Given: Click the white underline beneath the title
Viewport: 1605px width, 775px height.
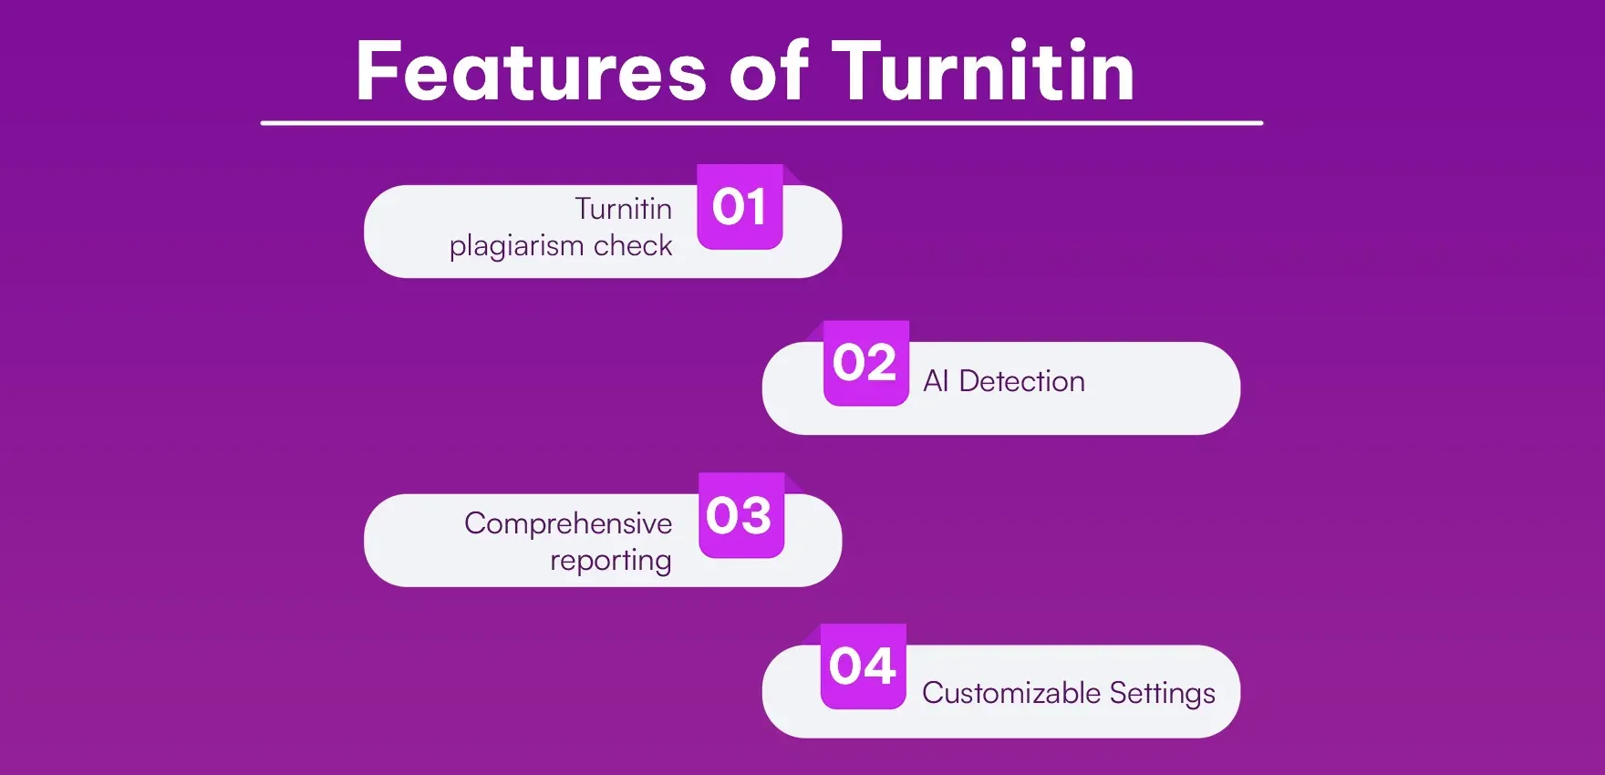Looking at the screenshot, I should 761,122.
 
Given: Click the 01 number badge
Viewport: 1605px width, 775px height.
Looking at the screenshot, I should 740,207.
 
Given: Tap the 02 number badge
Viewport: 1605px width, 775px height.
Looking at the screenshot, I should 865,363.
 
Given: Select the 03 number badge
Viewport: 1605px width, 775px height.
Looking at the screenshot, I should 740,515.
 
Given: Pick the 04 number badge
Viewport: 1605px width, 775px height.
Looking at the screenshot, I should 863,666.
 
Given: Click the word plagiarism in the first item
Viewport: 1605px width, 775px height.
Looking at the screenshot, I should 516,246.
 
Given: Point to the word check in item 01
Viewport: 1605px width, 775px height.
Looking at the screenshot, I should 633,246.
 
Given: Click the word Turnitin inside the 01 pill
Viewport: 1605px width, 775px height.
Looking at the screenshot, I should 624,209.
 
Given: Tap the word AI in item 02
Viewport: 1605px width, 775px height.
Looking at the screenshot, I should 936,381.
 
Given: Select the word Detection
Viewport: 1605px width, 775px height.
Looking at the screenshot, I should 1021,381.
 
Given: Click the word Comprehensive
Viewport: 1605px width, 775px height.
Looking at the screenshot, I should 568,523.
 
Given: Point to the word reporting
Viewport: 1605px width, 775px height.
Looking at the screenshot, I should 611,561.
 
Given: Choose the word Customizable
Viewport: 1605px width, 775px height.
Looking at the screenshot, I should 1011,693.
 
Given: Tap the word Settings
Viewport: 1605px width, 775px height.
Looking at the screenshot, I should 1163,694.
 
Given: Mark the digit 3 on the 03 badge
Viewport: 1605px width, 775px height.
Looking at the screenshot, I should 755,516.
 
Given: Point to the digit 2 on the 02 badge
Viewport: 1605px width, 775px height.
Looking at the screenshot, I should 880,364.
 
